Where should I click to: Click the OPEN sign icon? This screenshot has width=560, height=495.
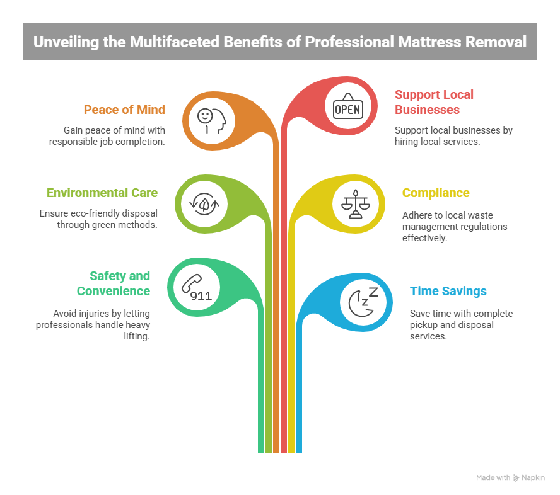pos(347,108)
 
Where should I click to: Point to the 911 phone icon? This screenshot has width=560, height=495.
pos(195,288)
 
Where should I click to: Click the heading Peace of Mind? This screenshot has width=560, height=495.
pos(124,110)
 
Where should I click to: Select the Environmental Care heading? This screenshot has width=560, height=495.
pos(102,193)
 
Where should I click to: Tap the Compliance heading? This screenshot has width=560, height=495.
pos(436,193)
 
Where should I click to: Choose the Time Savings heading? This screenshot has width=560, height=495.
pos(448,291)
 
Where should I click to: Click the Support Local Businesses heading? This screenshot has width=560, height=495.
pos(434,102)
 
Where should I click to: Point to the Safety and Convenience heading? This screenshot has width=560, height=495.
pos(114,283)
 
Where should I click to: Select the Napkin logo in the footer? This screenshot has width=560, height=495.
pos(528,478)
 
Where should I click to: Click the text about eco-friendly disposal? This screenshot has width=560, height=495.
pos(98,219)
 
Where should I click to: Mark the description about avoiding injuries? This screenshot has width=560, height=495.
pos(102,325)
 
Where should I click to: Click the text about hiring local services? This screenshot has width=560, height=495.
pos(453,137)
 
